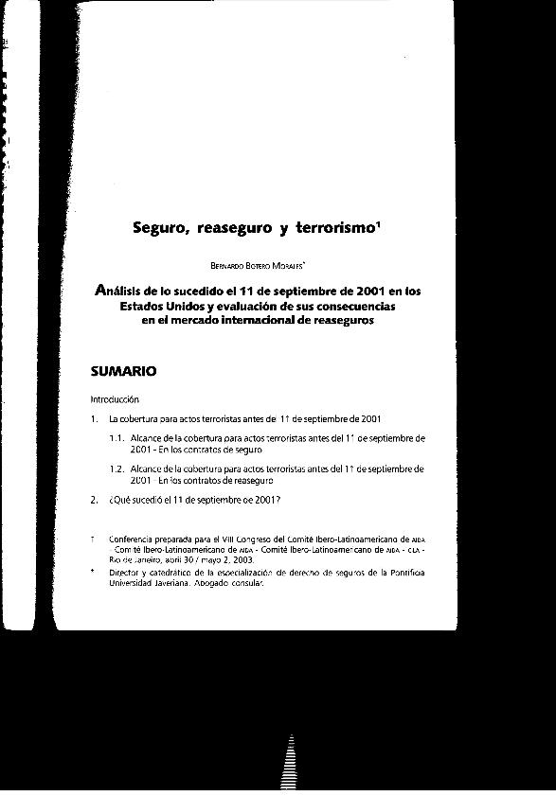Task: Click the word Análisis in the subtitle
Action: click(126, 292)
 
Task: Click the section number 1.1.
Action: click(117, 438)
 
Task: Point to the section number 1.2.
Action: click(117, 469)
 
